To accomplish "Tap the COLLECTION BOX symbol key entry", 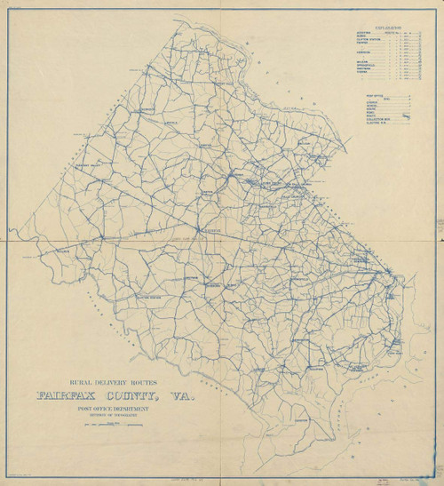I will pyautogui.click(x=376, y=119).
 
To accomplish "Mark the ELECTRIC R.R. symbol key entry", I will pyautogui.click(x=374, y=123).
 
